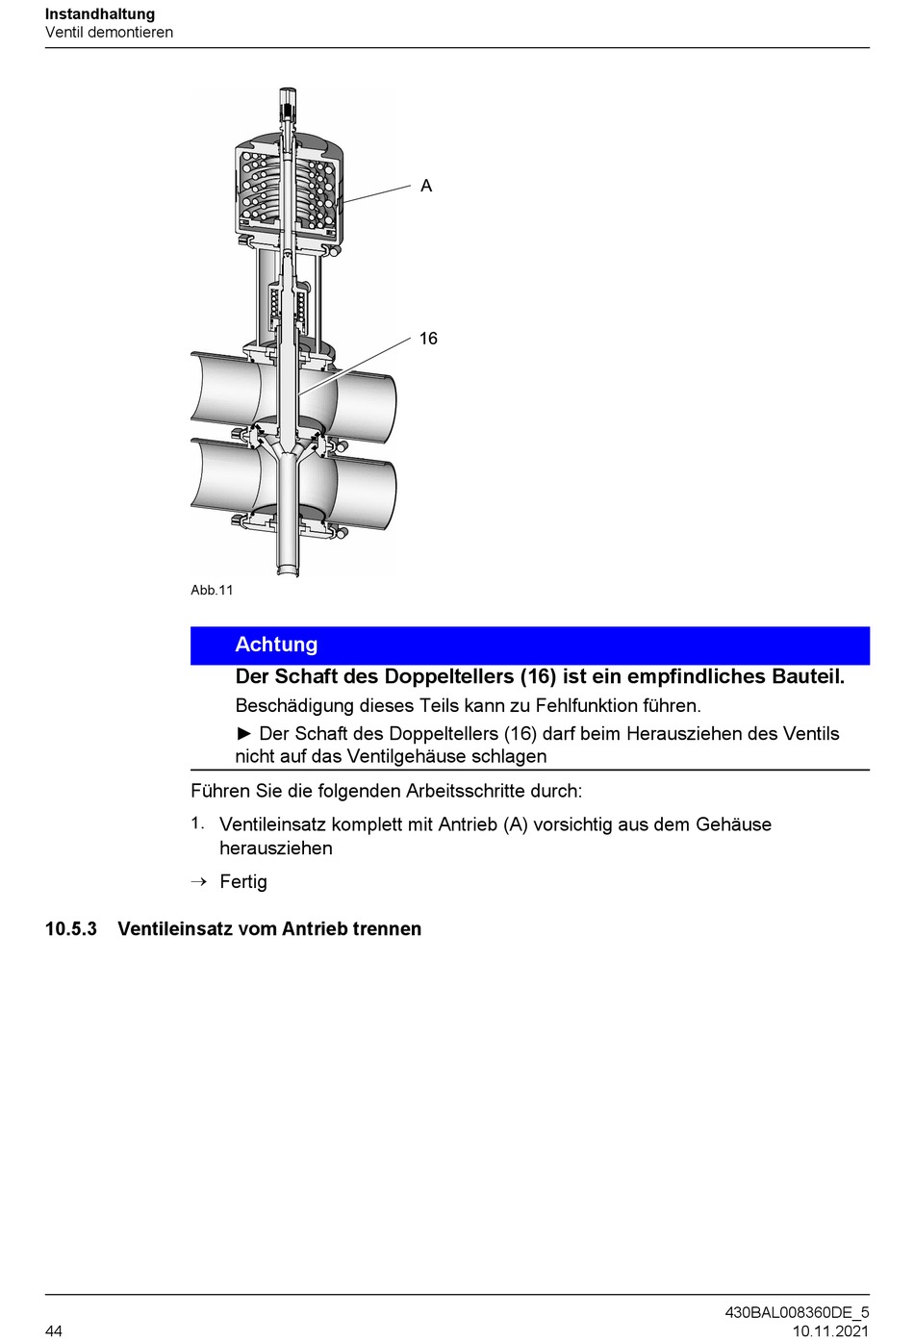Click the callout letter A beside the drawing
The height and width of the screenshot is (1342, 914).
point(426,186)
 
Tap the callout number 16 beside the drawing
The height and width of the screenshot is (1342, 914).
point(428,339)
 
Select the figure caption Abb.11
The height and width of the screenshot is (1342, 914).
point(212,591)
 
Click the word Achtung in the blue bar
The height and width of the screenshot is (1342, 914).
point(276,645)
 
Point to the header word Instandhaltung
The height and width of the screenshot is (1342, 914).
point(100,14)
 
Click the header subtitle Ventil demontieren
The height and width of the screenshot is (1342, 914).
point(109,33)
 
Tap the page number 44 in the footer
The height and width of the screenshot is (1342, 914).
point(54,1330)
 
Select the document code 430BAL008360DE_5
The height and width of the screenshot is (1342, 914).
point(797,1313)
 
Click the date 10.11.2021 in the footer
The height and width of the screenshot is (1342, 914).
point(830,1331)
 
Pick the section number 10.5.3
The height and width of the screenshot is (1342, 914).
point(71,929)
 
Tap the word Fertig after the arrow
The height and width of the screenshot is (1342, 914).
point(243,882)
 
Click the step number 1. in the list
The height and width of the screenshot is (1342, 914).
point(197,823)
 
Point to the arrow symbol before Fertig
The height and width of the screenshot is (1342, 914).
point(198,882)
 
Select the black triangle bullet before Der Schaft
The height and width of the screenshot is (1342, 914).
point(244,734)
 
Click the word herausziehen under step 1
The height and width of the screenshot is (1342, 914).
point(276,848)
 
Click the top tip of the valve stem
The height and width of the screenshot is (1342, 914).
point(287,90)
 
